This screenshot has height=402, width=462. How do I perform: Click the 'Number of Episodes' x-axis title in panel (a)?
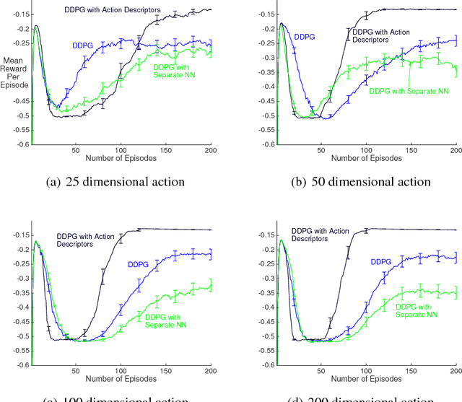(120, 157)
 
